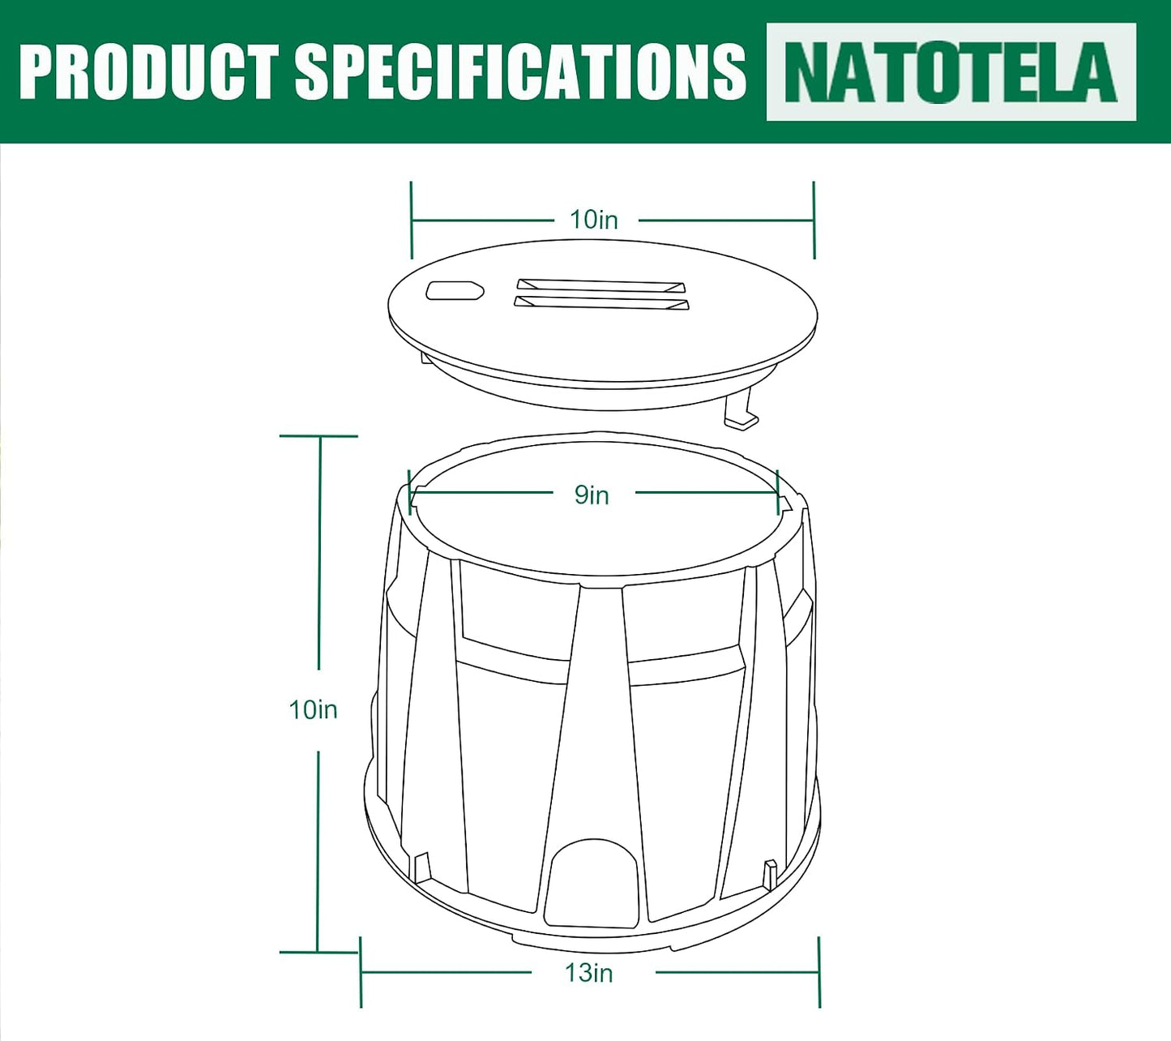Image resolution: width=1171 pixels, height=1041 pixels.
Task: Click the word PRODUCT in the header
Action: tap(150, 71)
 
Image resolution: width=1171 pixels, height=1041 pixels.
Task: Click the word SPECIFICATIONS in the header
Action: tap(521, 71)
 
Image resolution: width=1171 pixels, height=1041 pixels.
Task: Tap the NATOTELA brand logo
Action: tap(951, 71)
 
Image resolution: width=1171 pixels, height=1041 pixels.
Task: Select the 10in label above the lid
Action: tap(593, 220)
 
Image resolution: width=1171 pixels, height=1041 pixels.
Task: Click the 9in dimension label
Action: tap(592, 495)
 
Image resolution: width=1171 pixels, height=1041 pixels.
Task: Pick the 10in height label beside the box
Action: tap(314, 709)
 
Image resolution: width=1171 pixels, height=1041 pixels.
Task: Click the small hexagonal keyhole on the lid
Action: tap(455, 290)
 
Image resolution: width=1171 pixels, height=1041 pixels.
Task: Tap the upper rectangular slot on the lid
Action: tap(600, 286)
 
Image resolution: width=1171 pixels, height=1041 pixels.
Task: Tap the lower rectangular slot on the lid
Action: tap(601, 303)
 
